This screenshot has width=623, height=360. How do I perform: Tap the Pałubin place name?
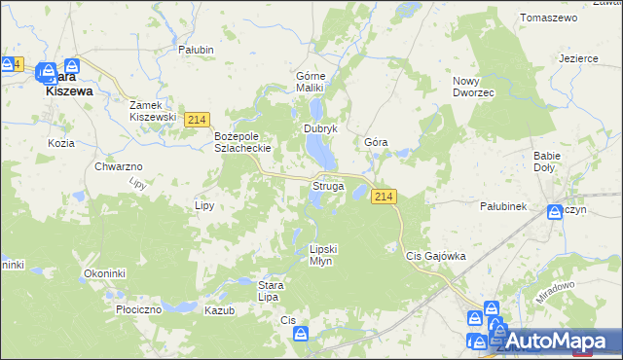click(196, 49)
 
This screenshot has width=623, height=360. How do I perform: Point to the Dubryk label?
click(320, 128)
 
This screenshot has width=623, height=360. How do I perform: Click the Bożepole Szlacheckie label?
click(241, 142)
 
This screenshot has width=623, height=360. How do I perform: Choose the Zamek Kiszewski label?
click(153, 110)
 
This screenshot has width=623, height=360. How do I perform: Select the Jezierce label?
click(578, 58)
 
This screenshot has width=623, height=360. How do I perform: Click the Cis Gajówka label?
click(436, 256)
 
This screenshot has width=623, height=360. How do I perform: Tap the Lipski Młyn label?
click(321, 255)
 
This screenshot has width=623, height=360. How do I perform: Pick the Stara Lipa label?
click(270, 290)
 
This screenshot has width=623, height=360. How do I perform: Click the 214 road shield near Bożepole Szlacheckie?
click(197, 119)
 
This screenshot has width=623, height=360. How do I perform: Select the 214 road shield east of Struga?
click(384, 197)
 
